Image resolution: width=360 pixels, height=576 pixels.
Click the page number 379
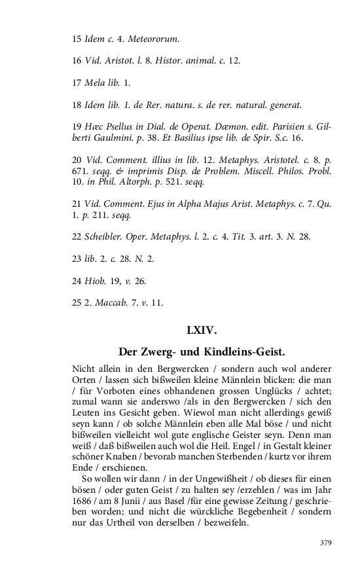coord(325,543)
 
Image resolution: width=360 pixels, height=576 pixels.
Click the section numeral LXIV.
coord(202,331)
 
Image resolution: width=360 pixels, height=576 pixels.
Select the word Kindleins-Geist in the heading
coord(249,352)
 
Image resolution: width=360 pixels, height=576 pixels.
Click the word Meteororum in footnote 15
coord(153,39)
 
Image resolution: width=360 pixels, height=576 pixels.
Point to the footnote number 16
coord(77,60)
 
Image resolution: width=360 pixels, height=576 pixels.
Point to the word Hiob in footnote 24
coord(96,281)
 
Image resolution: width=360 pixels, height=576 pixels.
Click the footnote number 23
coord(77,259)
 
